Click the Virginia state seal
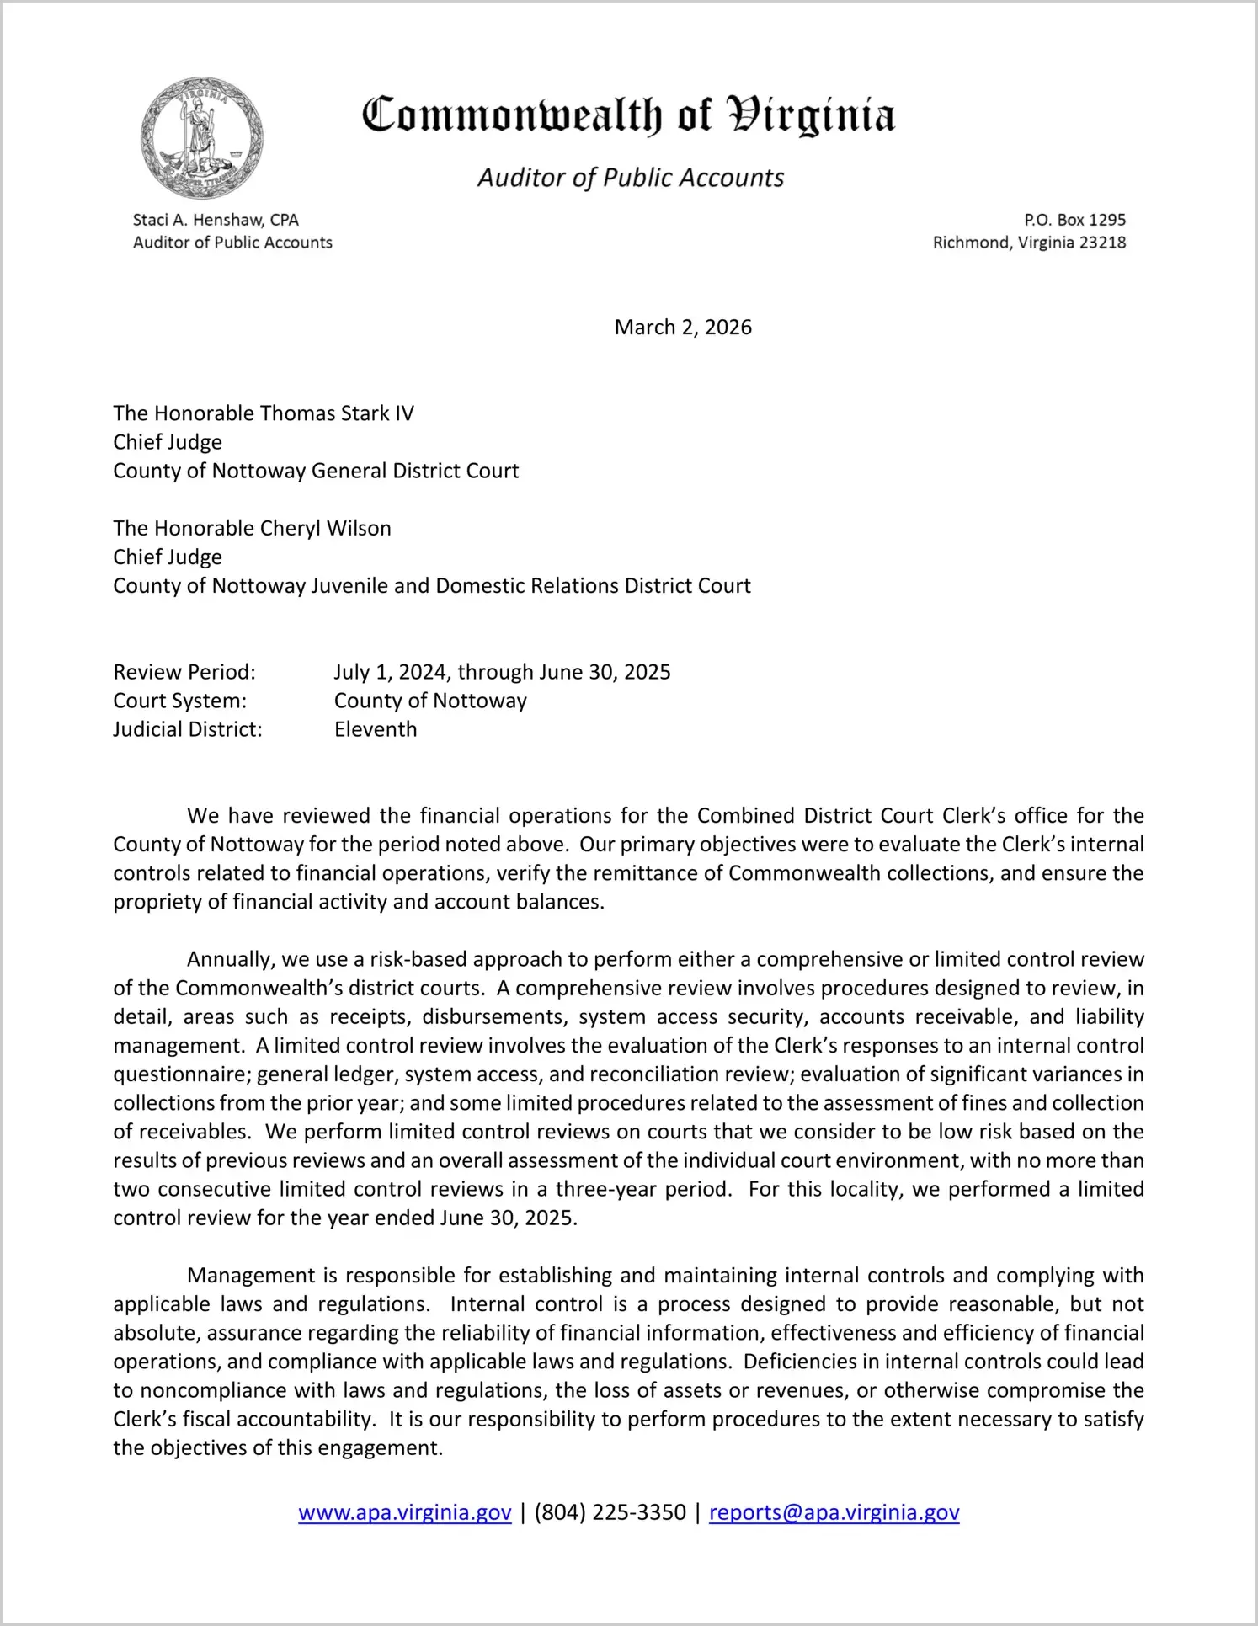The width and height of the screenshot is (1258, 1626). pyautogui.click(x=201, y=138)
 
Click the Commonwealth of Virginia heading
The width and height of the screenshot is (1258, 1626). pyautogui.click(x=628, y=116)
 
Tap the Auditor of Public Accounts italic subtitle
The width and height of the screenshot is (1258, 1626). pyautogui.click(x=631, y=178)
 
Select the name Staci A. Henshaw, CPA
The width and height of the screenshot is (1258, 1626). pyautogui.click(x=216, y=220)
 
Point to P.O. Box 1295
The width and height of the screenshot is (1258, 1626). pyautogui.click(x=1074, y=220)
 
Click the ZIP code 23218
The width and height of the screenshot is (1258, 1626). pyautogui.click(x=1102, y=243)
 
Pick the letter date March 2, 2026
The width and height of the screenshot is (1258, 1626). pyautogui.click(x=683, y=327)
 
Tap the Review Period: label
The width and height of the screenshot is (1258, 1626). pyautogui.click(x=184, y=672)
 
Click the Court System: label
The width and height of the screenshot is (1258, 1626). pyautogui.click(x=180, y=701)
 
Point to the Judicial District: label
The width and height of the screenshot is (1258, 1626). pyautogui.click(x=188, y=729)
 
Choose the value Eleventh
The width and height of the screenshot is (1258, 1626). pyautogui.click(x=376, y=729)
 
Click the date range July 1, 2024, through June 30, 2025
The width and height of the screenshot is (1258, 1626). pyautogui.click(x=502, y=672)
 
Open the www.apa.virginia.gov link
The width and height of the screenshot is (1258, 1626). pyautogui.click(x=405, y=1512)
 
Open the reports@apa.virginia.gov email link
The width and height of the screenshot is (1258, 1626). pyautogui.click(x=834, y=1512)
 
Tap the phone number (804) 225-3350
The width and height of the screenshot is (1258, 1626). pyautogui.click(x=610, y=1512)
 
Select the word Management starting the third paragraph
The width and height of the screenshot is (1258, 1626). pyautogui.click(x=251, y=1276)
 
